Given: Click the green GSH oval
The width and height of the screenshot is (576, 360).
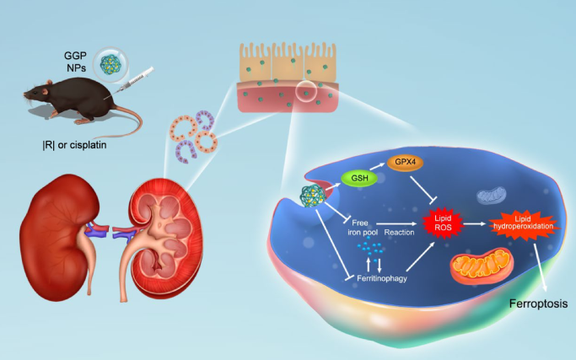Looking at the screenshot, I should tap(358, 180).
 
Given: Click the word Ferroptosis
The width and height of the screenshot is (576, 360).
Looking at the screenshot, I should tap(536, 303).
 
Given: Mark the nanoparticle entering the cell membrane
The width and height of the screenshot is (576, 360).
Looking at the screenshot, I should tap(308, 200).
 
